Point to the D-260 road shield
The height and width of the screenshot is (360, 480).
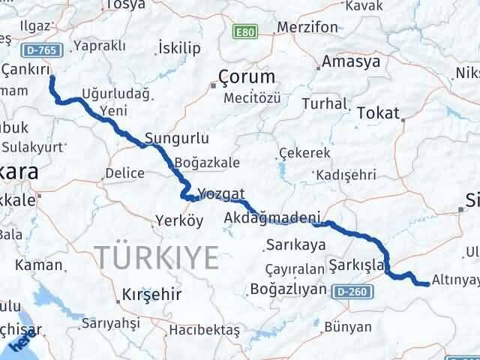[351, 289]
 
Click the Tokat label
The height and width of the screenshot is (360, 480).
[379, 112]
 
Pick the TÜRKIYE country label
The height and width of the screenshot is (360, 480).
[157, 257]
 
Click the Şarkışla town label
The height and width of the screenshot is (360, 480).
[357, 265]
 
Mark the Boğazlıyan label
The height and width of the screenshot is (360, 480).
[288, 289]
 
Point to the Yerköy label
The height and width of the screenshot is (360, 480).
[178, 220]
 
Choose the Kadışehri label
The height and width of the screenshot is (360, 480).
[346, 174]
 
